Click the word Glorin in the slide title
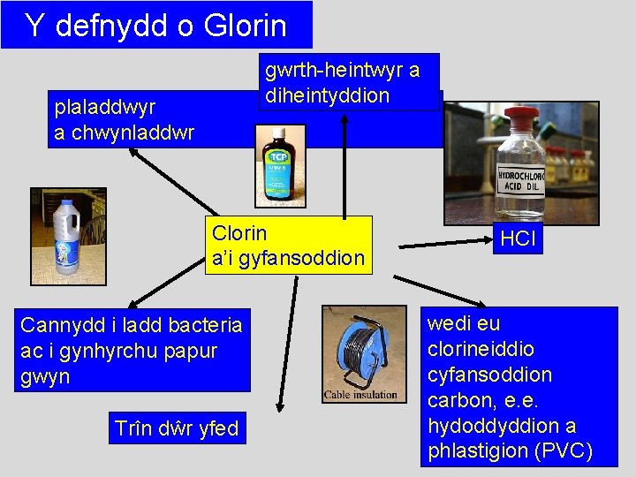pos(245,26)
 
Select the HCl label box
pos(518,239)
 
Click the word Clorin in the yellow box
pos(238,233)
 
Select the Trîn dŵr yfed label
pos(177,428)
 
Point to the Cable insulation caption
pos(360,395)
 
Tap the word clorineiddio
pos(479,349)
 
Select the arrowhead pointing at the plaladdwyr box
pos(132,152)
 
